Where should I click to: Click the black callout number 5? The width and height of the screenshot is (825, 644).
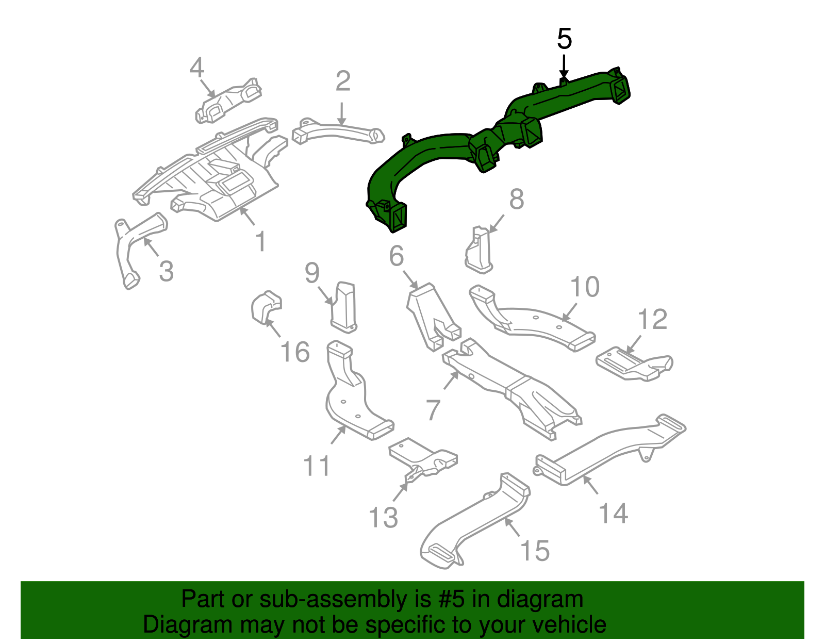565,39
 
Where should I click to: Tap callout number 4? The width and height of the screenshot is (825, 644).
197,68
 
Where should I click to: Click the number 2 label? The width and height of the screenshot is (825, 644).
343,81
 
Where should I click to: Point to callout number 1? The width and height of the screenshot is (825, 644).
261,241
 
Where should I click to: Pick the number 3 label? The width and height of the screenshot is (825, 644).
166,271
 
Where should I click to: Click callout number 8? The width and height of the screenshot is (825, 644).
517,199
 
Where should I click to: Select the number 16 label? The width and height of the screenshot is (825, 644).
295,352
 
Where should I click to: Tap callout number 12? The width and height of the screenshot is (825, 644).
653,319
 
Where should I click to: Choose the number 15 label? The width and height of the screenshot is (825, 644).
535,551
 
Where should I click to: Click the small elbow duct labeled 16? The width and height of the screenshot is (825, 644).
266,307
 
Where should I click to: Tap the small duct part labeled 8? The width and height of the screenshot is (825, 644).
479,251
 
